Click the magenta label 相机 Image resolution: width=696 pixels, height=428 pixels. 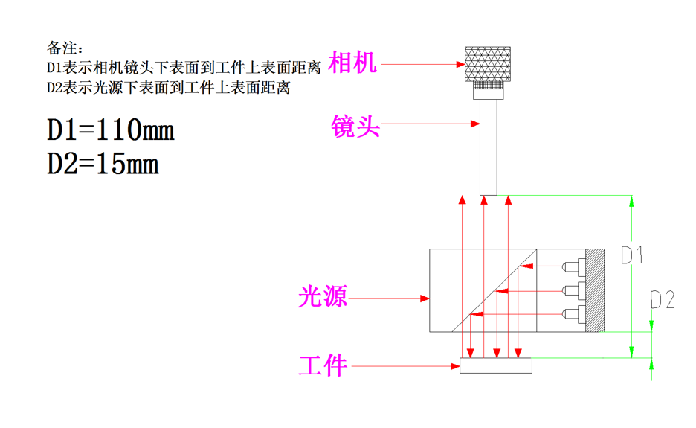353,63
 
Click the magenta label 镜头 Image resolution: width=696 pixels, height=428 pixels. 355,127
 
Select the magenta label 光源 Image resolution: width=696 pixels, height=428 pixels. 323,298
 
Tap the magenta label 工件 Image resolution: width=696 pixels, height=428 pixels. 323,365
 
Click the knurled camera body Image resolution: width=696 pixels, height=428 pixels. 488,64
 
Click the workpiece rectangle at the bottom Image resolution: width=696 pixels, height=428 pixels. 496,365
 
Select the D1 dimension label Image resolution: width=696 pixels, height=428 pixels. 632,255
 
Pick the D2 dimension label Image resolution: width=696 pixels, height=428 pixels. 663,300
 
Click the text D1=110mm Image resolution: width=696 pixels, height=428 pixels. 111,131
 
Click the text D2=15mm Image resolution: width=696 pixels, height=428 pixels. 103,164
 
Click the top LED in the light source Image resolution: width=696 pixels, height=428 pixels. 571,266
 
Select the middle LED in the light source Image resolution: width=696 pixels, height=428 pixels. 571,289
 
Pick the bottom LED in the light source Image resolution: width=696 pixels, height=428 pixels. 571,313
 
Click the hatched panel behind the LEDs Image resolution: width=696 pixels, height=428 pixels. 595,290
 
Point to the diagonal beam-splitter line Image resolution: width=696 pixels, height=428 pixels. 494,291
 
